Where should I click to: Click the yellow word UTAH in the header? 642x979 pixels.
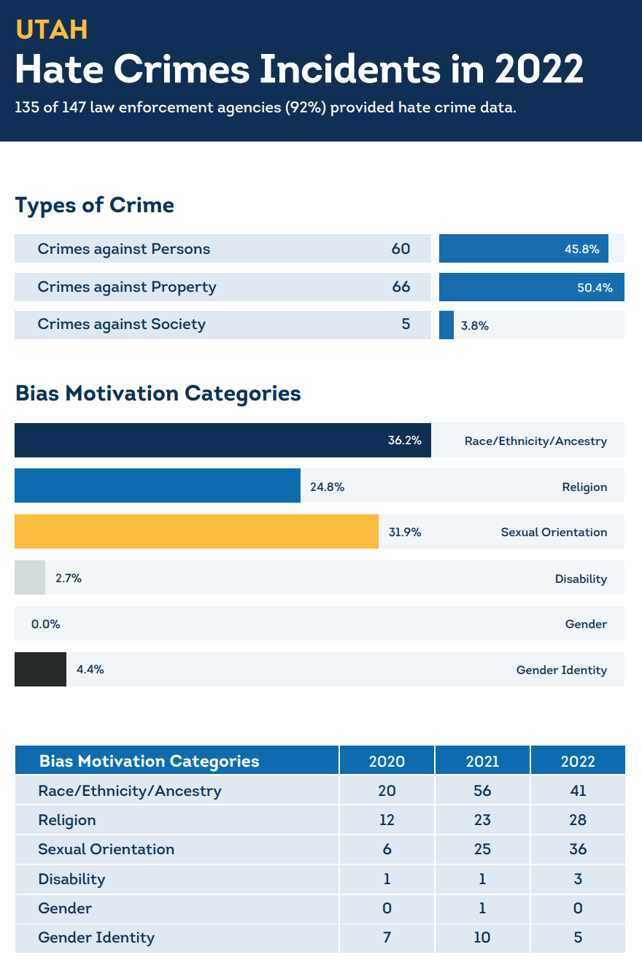point(51,29)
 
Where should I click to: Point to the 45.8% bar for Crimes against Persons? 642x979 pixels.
point(523,249)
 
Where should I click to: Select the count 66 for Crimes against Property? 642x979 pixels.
point(401,287)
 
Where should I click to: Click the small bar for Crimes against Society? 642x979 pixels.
point(446,325)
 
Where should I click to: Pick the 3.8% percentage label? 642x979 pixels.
point(474,326)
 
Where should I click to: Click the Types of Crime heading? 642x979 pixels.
point(94,205)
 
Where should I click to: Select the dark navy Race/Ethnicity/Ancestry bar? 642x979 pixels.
point(223,441)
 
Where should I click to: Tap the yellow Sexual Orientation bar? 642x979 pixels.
point(196,532)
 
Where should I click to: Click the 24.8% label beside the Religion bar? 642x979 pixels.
point(327,487)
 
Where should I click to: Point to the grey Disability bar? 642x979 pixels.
point(30,578)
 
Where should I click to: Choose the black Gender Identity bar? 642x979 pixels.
point(40,669)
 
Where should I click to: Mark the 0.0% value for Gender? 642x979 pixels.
point(45,624)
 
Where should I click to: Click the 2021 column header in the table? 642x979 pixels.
point(482,761)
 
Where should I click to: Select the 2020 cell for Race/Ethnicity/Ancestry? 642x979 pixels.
point(387,791)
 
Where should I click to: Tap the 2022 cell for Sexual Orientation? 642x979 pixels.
point(578,849)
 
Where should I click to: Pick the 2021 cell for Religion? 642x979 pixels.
point(482,820)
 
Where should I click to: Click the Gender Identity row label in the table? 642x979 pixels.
point(96,937)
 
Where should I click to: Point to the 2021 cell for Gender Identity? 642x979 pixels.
point(482,937)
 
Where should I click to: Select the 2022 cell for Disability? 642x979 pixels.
point(578,879)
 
